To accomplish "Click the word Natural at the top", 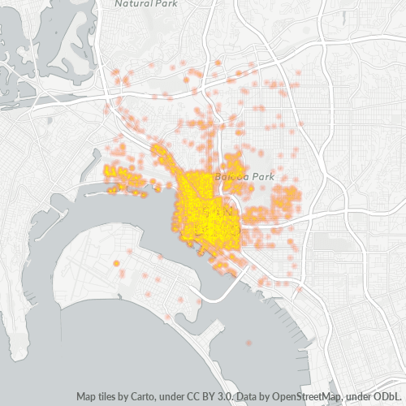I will (x=132, y=3).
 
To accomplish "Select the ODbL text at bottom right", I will (x=387, y=396).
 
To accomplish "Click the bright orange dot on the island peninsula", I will (x=116, y=264).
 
